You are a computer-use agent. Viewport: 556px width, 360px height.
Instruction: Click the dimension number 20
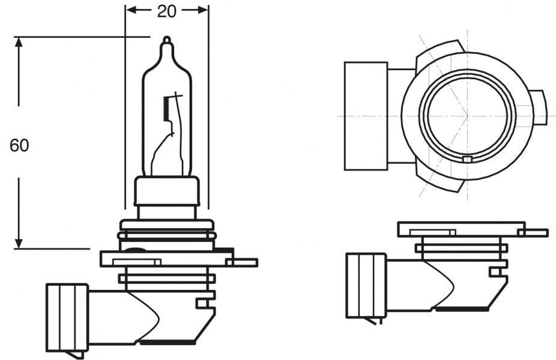167,11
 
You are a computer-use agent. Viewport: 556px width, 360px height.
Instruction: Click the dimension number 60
19,145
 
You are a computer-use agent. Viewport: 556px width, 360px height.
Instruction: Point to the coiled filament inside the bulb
166,109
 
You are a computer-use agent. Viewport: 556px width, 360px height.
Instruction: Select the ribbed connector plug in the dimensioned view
67,317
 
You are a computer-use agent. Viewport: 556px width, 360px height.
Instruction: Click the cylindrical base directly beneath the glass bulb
167,192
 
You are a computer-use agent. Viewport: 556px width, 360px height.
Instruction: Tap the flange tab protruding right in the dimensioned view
245,262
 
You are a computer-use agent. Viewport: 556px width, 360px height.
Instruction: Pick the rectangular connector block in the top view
365,116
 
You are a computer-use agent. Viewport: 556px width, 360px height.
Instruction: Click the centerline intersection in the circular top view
468,115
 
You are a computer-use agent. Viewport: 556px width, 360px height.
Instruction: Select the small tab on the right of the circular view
539,107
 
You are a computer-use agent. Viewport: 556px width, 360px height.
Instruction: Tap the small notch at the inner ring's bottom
468,160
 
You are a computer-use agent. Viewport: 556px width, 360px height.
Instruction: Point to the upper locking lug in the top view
441,52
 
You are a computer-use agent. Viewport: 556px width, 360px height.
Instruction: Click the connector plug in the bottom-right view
366,285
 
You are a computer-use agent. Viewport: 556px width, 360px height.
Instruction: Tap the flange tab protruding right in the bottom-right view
535,233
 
